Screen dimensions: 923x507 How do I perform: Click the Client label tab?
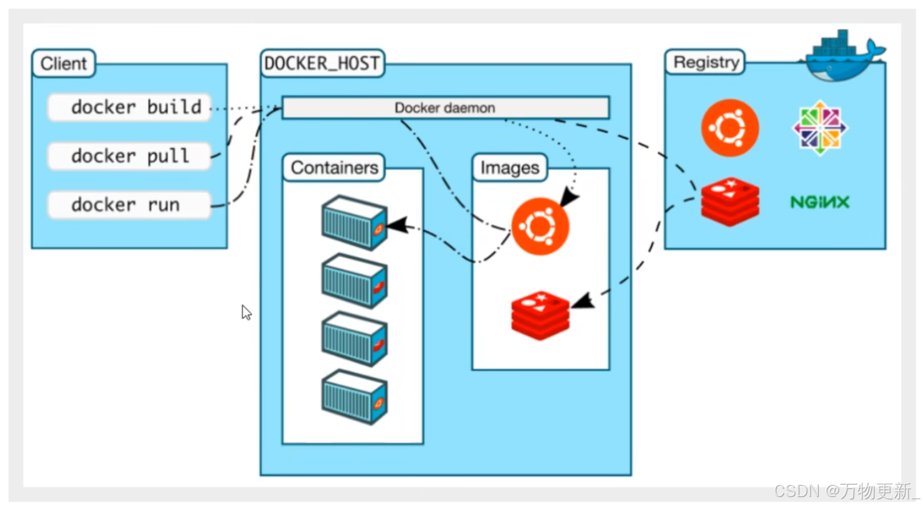(64, 63)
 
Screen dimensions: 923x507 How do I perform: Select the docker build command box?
(129, 107)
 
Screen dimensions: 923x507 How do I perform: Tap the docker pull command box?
(129, 156)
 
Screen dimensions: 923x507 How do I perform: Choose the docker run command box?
(129, 204)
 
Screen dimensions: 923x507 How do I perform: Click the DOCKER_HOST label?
(322, 63)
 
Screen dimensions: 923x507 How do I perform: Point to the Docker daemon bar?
(445, 107)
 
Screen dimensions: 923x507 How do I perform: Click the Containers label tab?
(334, 167)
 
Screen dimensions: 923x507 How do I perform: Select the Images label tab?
(510, 167)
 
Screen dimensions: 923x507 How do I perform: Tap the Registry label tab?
(706, 62)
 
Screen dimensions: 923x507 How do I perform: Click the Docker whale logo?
(843, 56)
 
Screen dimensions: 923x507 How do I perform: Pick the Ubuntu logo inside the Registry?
(730, 128)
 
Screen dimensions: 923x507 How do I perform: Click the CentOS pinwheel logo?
(820, 128)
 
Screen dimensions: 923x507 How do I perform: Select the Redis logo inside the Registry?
(730, 201)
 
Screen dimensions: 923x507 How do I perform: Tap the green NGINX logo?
(820, 202)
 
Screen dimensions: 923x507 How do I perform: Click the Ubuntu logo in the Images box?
(540, 226)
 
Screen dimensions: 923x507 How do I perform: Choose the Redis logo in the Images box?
(540, 316)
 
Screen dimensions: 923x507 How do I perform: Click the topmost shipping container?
(355, 222)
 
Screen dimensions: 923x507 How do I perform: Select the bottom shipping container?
(355, 397)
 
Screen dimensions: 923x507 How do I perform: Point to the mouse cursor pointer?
(247, 313)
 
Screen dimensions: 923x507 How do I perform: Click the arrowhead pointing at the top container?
(398, 225)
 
